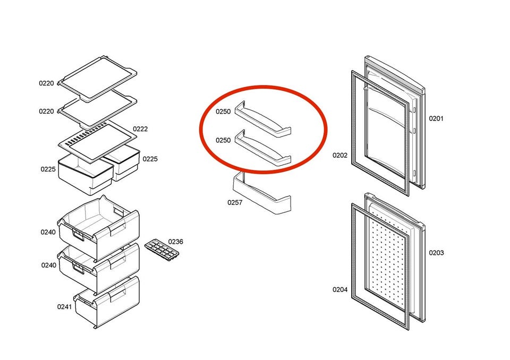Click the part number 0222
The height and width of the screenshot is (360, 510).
(x=140, y=129)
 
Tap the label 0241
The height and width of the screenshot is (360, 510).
(x=64, y=307)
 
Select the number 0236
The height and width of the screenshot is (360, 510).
(x=176, y=242)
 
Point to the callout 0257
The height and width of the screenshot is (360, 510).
(x=235, y=203)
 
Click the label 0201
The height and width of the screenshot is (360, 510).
(x=436, y=118)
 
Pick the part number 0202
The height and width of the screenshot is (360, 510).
(x=340, y=156)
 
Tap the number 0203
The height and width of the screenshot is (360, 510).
(x=436, y=253)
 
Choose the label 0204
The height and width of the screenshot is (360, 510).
(x=340, y=289)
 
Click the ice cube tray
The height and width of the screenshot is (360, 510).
(x=161, y=250)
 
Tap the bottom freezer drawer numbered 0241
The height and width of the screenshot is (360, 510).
(x=107, y=303)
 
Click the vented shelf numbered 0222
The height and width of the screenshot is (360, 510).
(x=98, y=141)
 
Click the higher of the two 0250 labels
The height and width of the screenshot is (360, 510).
(x=223, y=112)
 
